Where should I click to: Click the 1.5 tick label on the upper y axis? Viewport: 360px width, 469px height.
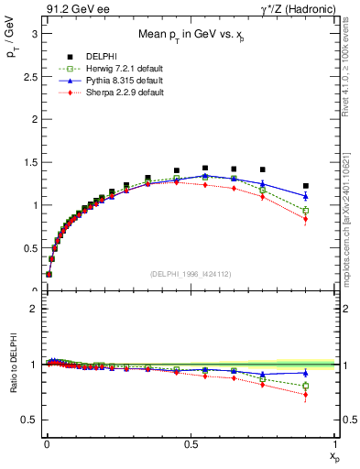coord(29,162)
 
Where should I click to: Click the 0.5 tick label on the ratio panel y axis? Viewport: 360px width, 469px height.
coord(29,420)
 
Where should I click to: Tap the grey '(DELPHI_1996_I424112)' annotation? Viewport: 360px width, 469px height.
coord(190,273)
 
